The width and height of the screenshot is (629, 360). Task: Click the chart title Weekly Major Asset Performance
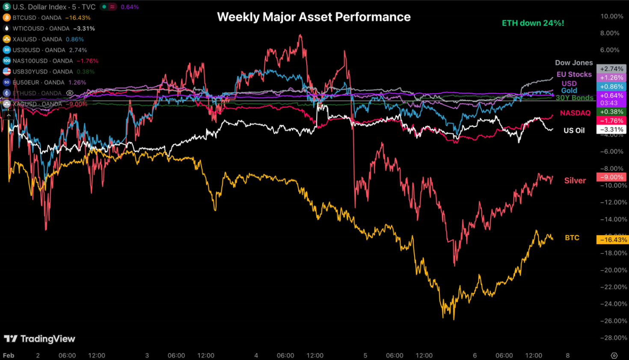click(314, 17)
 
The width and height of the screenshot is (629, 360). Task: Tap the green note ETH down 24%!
click(533, 23)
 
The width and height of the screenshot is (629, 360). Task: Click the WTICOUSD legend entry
click(48, 29)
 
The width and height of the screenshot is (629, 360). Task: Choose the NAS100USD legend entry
click(50, 61)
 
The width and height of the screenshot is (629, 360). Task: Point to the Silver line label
click(575, 180)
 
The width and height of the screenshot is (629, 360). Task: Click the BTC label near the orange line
click(572, 238)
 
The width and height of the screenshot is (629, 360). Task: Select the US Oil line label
click(574, 130)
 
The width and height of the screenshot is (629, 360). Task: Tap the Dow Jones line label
click(574, 63)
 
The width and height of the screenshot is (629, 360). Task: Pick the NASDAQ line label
click(575, 113)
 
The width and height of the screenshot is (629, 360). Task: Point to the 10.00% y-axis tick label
click(612, 16)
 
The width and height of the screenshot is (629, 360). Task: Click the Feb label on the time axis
click(9, 356)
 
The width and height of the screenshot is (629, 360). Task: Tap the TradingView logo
click(39, 339)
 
